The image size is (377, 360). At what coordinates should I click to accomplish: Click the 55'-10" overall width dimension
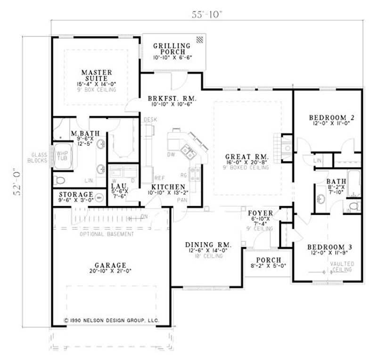coord(206,14)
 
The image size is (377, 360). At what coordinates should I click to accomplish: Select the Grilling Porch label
coord(172,49)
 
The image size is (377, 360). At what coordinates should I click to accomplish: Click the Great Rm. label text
coord(247,156)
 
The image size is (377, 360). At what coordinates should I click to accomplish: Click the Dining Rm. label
coord(208,245)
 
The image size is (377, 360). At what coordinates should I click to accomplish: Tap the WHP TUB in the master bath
coord(62,156)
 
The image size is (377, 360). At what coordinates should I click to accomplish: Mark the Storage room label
coord(75,194)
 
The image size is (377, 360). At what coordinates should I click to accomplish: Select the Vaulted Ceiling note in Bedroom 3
coord(340,267)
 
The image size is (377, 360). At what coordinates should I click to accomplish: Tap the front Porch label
coord(268,260)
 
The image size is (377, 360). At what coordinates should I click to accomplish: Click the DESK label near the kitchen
coord(150,120)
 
